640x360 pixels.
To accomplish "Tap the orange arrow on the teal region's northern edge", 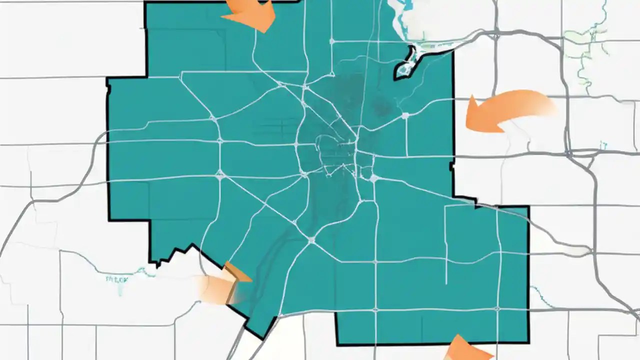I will tap(252, 14).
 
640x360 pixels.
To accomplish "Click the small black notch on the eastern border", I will tap(452, 165).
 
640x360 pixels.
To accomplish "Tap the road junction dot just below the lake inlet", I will tap(405, 115).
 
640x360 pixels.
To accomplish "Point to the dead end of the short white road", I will tap(446, 283).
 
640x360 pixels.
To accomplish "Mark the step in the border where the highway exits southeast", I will tap(475, 202).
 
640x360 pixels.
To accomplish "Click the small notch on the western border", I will tap(107, 87).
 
